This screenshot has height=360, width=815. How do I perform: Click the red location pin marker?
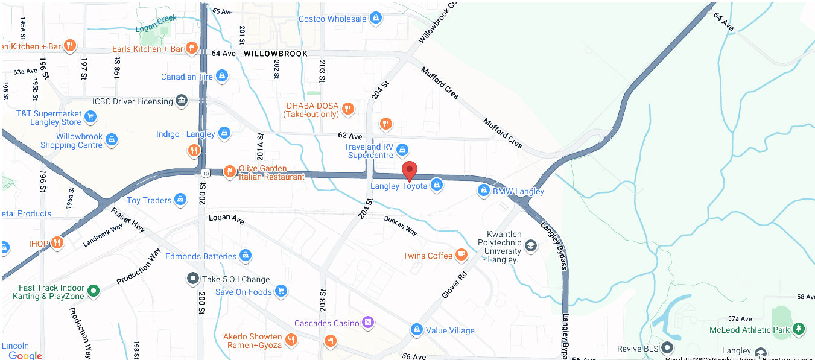410,171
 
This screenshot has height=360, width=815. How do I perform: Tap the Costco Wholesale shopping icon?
376,19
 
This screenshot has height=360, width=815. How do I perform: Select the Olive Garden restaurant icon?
229,172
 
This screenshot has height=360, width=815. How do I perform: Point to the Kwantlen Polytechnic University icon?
530,245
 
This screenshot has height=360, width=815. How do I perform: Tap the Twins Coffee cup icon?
461,255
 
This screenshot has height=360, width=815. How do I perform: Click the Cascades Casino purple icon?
368,323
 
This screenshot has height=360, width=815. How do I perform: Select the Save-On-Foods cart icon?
281,291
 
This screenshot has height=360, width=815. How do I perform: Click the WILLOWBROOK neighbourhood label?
276,54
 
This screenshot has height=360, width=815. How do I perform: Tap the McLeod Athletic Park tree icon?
799,329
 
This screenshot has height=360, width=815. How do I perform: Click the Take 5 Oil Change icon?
192,279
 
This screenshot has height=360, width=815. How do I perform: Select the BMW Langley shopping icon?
483,191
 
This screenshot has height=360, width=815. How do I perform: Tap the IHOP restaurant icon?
57,242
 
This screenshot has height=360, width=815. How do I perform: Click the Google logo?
25,355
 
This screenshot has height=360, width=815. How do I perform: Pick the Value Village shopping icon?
416,330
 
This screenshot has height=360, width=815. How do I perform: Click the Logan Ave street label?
226,219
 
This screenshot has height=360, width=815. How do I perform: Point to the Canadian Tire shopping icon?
222,76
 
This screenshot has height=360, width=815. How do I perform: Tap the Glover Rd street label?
454,284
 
